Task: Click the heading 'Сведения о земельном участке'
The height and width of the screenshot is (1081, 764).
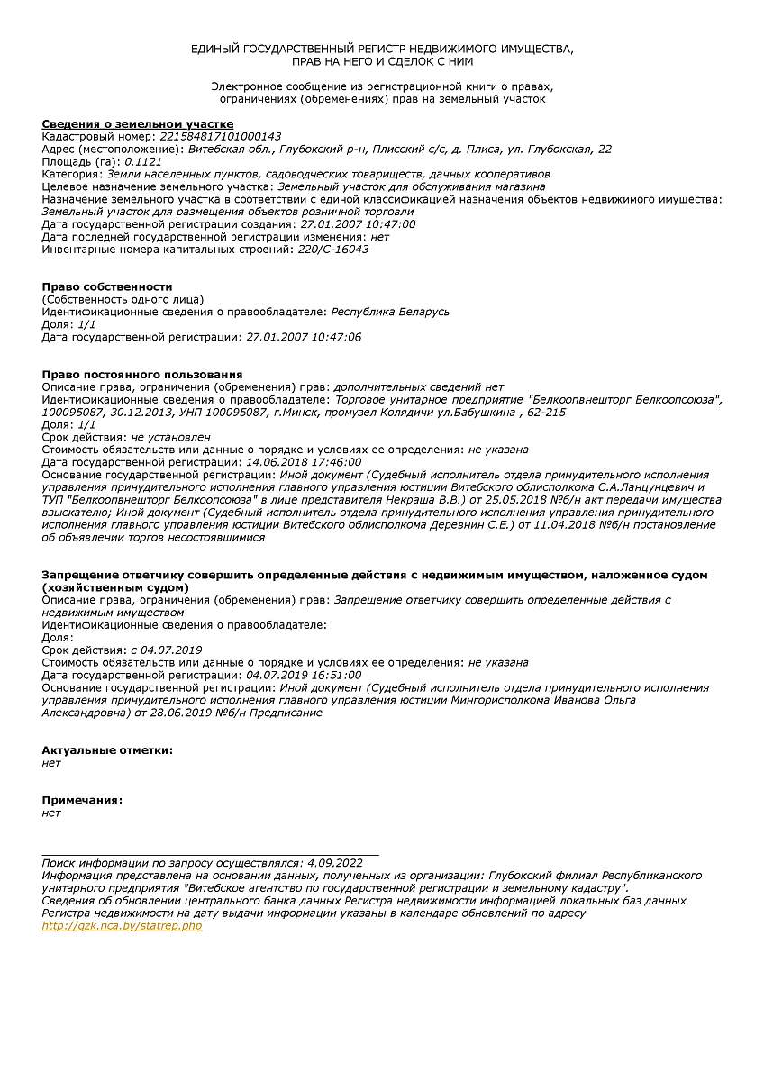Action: pyautogui.click(x=138, y=124)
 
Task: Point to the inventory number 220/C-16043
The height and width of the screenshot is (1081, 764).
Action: pyautogui.click(x=332, y=250)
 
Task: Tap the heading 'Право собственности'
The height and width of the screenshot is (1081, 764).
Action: pyautogui.click(x=106, y=287)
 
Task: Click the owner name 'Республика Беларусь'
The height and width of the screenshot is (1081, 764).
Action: pyautogui.click(x=390, y=312)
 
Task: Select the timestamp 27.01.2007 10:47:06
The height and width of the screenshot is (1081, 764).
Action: pyautogui.click(x=304, y=337)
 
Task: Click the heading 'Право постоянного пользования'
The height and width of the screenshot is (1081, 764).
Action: pyautogui.click(x=142, y=374)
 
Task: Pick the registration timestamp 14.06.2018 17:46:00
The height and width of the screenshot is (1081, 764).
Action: pyautogui.click(x=304, y=462)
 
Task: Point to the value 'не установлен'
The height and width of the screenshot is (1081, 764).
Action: pyautogui.click(x=170, y=437)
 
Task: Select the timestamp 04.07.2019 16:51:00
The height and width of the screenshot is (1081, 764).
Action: pyautogui.click(x=304, y=675)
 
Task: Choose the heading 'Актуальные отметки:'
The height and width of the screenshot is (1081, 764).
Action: pyautogui.click(x=107, y=750)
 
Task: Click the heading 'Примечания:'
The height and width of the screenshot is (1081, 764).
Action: pyautogui.click(x=82, y=801)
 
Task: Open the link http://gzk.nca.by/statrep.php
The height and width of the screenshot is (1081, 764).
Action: pyautogui.click(x=122, y=926)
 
